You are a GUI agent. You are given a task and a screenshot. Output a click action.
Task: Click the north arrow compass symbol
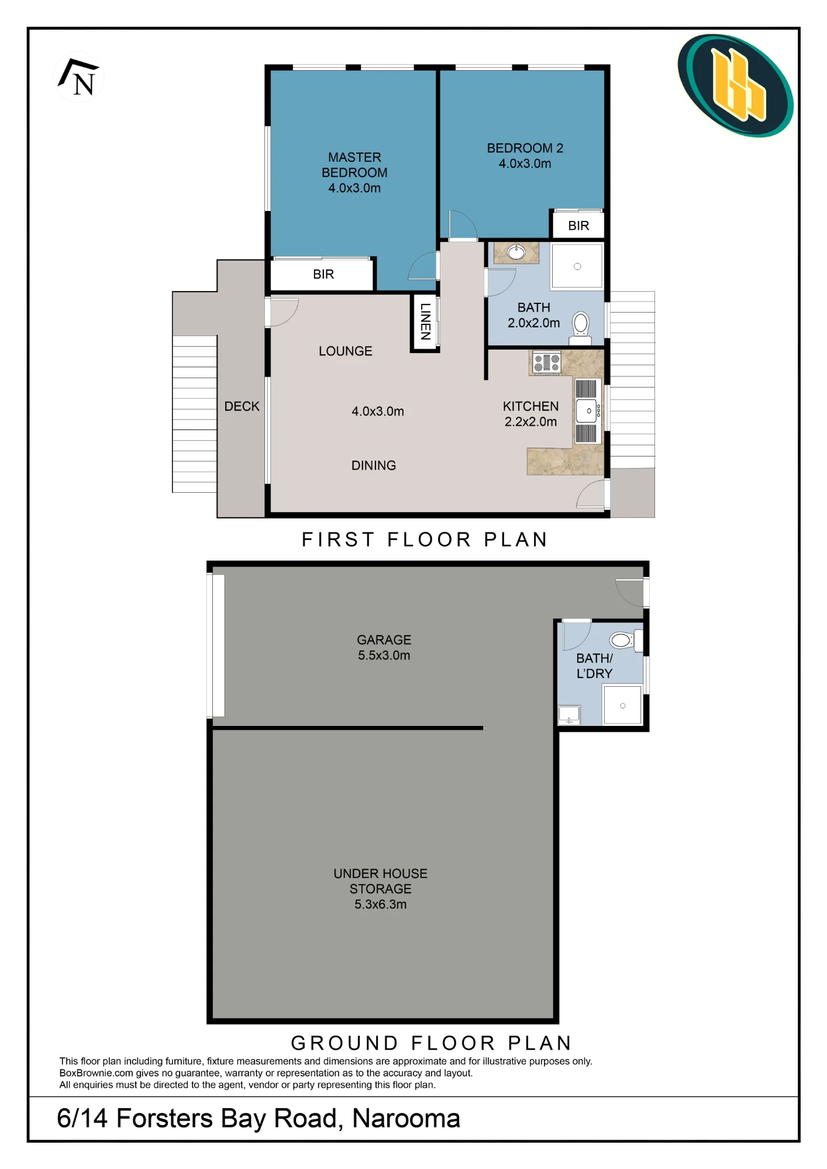(78, 77)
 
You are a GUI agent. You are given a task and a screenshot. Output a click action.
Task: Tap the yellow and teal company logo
(735, 85)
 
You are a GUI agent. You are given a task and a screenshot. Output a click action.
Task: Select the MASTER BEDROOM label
(354, 165)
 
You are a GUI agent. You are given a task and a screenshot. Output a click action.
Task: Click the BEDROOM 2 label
(525, 148)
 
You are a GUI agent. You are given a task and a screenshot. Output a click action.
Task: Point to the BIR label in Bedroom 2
(578, 226)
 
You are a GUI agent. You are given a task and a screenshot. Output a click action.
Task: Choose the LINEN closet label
(425, 321)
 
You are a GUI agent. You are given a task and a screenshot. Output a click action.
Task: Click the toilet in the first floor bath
(581, 326)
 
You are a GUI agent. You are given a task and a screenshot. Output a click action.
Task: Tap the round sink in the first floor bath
(516, 252)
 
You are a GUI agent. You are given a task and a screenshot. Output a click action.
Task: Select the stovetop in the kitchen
(547, 362)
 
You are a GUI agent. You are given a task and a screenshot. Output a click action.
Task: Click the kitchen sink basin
(587, 410)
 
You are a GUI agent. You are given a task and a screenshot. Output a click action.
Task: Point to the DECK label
(242, 406)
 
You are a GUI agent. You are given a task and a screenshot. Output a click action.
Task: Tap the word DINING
(374, 465)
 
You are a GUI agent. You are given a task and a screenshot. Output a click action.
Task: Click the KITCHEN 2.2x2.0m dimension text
(530, 421)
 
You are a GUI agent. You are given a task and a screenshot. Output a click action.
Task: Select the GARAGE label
(384, 640)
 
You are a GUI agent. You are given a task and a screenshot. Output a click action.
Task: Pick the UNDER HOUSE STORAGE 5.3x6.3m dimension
(381, 904)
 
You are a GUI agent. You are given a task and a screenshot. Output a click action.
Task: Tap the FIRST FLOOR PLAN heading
(425, 539)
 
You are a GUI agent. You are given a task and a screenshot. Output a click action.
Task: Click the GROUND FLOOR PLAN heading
(431, 1043)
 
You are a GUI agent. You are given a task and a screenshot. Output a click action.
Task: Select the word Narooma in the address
(406, 1118)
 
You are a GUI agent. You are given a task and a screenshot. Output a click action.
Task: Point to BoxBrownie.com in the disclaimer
(96, 1073)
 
